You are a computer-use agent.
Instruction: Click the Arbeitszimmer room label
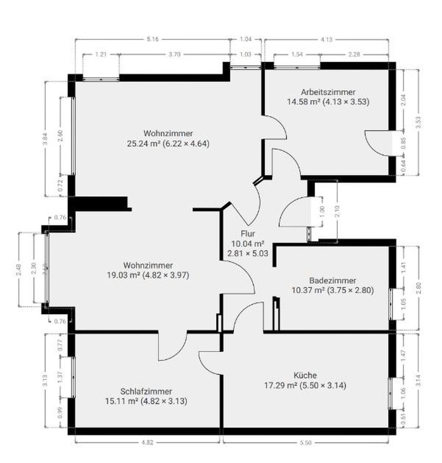pos(328,92)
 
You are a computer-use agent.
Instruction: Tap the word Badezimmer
pos(333,281)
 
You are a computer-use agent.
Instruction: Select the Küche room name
pos(305,375)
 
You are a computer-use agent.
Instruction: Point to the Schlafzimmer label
pos(146,392)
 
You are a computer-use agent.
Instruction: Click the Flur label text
pos(248,234)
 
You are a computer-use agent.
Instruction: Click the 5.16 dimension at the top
pos(152,39)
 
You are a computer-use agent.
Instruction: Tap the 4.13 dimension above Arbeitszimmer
pos(326,40)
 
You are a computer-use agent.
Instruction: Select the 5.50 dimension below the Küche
pos(306,443)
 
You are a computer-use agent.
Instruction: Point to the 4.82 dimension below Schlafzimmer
pos(147,443)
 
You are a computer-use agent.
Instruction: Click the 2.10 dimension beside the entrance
pos(337,211)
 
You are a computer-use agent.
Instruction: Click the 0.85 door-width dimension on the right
pos(403,143)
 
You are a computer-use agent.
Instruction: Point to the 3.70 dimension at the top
pos(174,54)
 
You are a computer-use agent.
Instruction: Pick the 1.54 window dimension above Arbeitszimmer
pos(297,54)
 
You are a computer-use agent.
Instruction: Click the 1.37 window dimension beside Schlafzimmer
pos(60,377)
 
